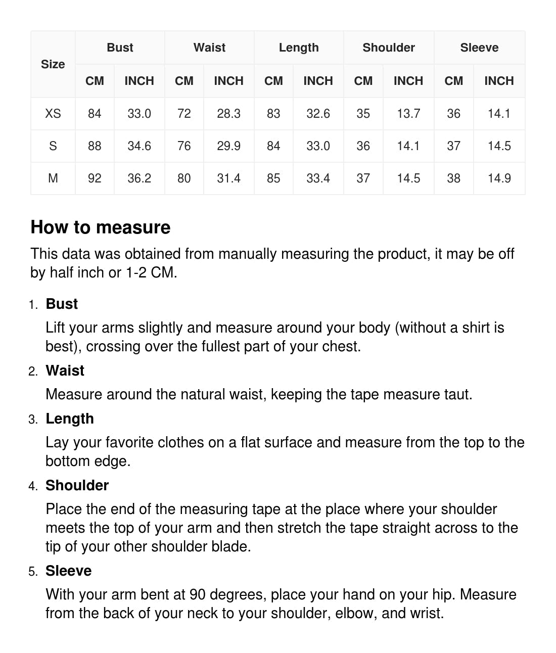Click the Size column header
[53, 64]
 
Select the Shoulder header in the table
[388, 48]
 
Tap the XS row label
[53, 114]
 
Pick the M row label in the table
[53, 178]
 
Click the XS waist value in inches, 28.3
[228, 114]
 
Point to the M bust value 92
[95, 178]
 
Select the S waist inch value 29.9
[228, 146]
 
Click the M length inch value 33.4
[318, 178]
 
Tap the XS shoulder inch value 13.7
[408, 114]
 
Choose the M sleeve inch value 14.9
[499, 178]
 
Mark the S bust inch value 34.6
[139, 146]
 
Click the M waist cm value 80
[184, 178]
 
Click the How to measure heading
[101, 227]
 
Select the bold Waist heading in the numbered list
[65, 370]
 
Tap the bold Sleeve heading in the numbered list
[68, 571]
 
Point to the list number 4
[33, 486]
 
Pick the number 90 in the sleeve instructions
[198, 594]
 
